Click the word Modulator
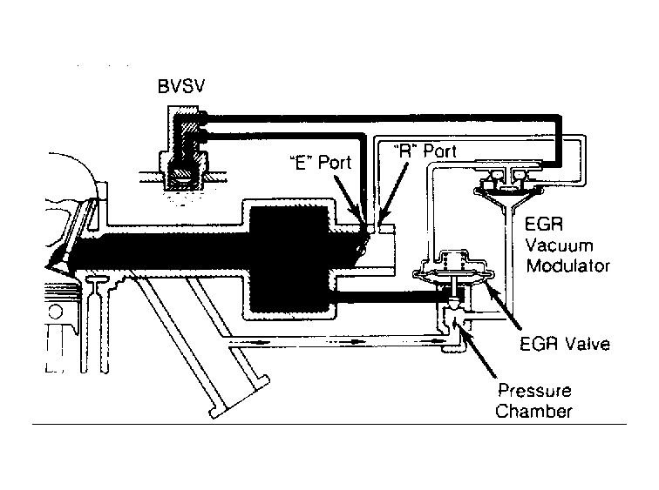tap(568, 265)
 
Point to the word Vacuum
tap(559, 245)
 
